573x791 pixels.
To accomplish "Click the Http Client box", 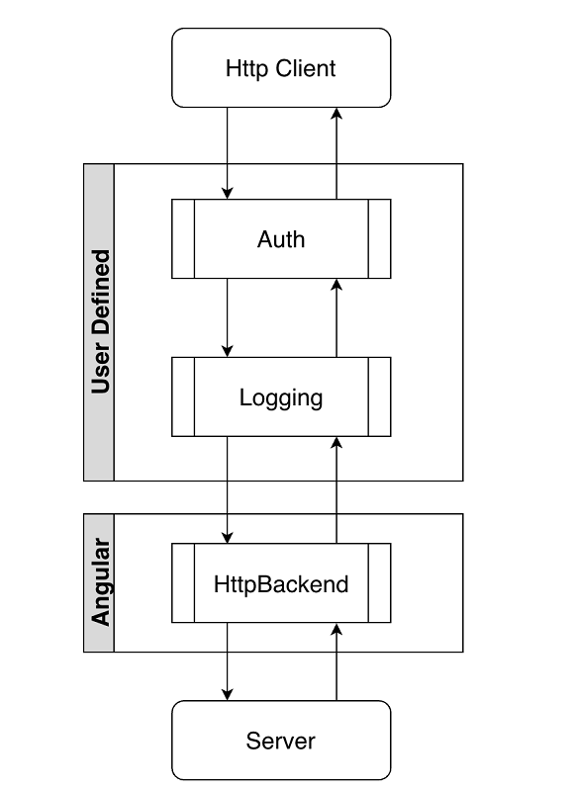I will (281, 67).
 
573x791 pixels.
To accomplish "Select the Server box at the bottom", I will (281, 740).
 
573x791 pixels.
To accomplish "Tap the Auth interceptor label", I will (281, 239).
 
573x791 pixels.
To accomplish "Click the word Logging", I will (281, 397).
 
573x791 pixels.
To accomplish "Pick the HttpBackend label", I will (281, 583).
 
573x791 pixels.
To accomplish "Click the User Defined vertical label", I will (99, 322).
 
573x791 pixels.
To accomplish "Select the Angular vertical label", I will (99, 583).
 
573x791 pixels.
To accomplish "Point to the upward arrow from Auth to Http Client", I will (336, 152).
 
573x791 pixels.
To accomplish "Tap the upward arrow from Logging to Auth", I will (336, 317).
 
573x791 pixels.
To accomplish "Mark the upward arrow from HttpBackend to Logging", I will (336, 489).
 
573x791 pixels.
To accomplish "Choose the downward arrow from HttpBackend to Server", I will (228, 661).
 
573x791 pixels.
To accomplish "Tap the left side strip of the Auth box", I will (183, 239).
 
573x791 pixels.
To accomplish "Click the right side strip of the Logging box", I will (380, 397).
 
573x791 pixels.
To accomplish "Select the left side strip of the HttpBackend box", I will (183, 583).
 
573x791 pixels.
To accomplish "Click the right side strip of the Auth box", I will (380, 239).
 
